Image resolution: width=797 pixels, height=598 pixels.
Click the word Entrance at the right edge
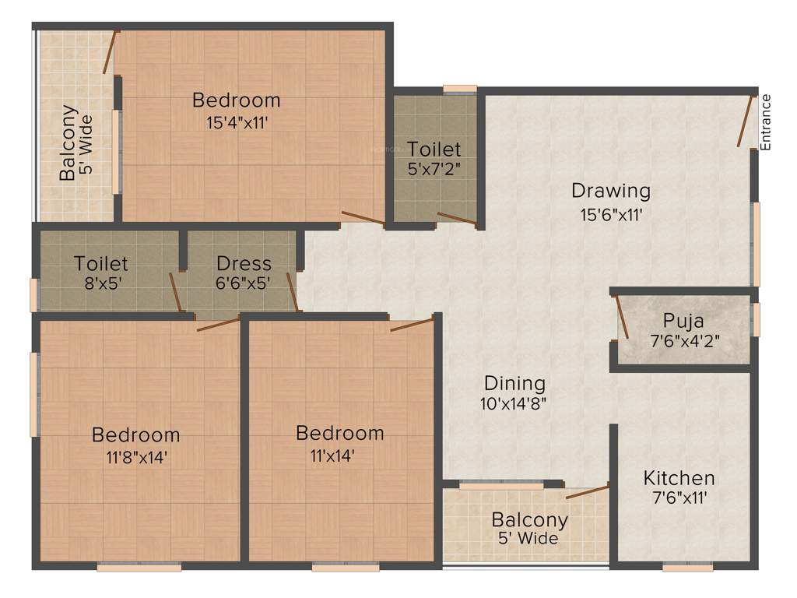766,121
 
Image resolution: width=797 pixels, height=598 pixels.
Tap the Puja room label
683,320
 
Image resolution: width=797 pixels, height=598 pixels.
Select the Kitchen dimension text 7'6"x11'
679,498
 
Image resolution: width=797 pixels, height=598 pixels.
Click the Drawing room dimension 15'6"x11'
610,214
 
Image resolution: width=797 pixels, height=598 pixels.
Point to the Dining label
514,383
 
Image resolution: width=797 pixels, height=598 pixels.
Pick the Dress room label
244,263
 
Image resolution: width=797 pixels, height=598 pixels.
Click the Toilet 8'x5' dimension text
101,283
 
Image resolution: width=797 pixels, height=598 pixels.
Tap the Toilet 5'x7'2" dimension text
434,169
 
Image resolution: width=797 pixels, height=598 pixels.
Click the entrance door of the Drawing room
745,120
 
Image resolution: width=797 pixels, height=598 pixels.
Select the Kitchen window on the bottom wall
687,568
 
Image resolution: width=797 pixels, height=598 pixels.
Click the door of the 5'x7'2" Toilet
457,219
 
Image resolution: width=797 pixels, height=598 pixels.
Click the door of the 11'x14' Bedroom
411,325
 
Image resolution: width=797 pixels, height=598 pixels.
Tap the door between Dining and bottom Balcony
587,491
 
